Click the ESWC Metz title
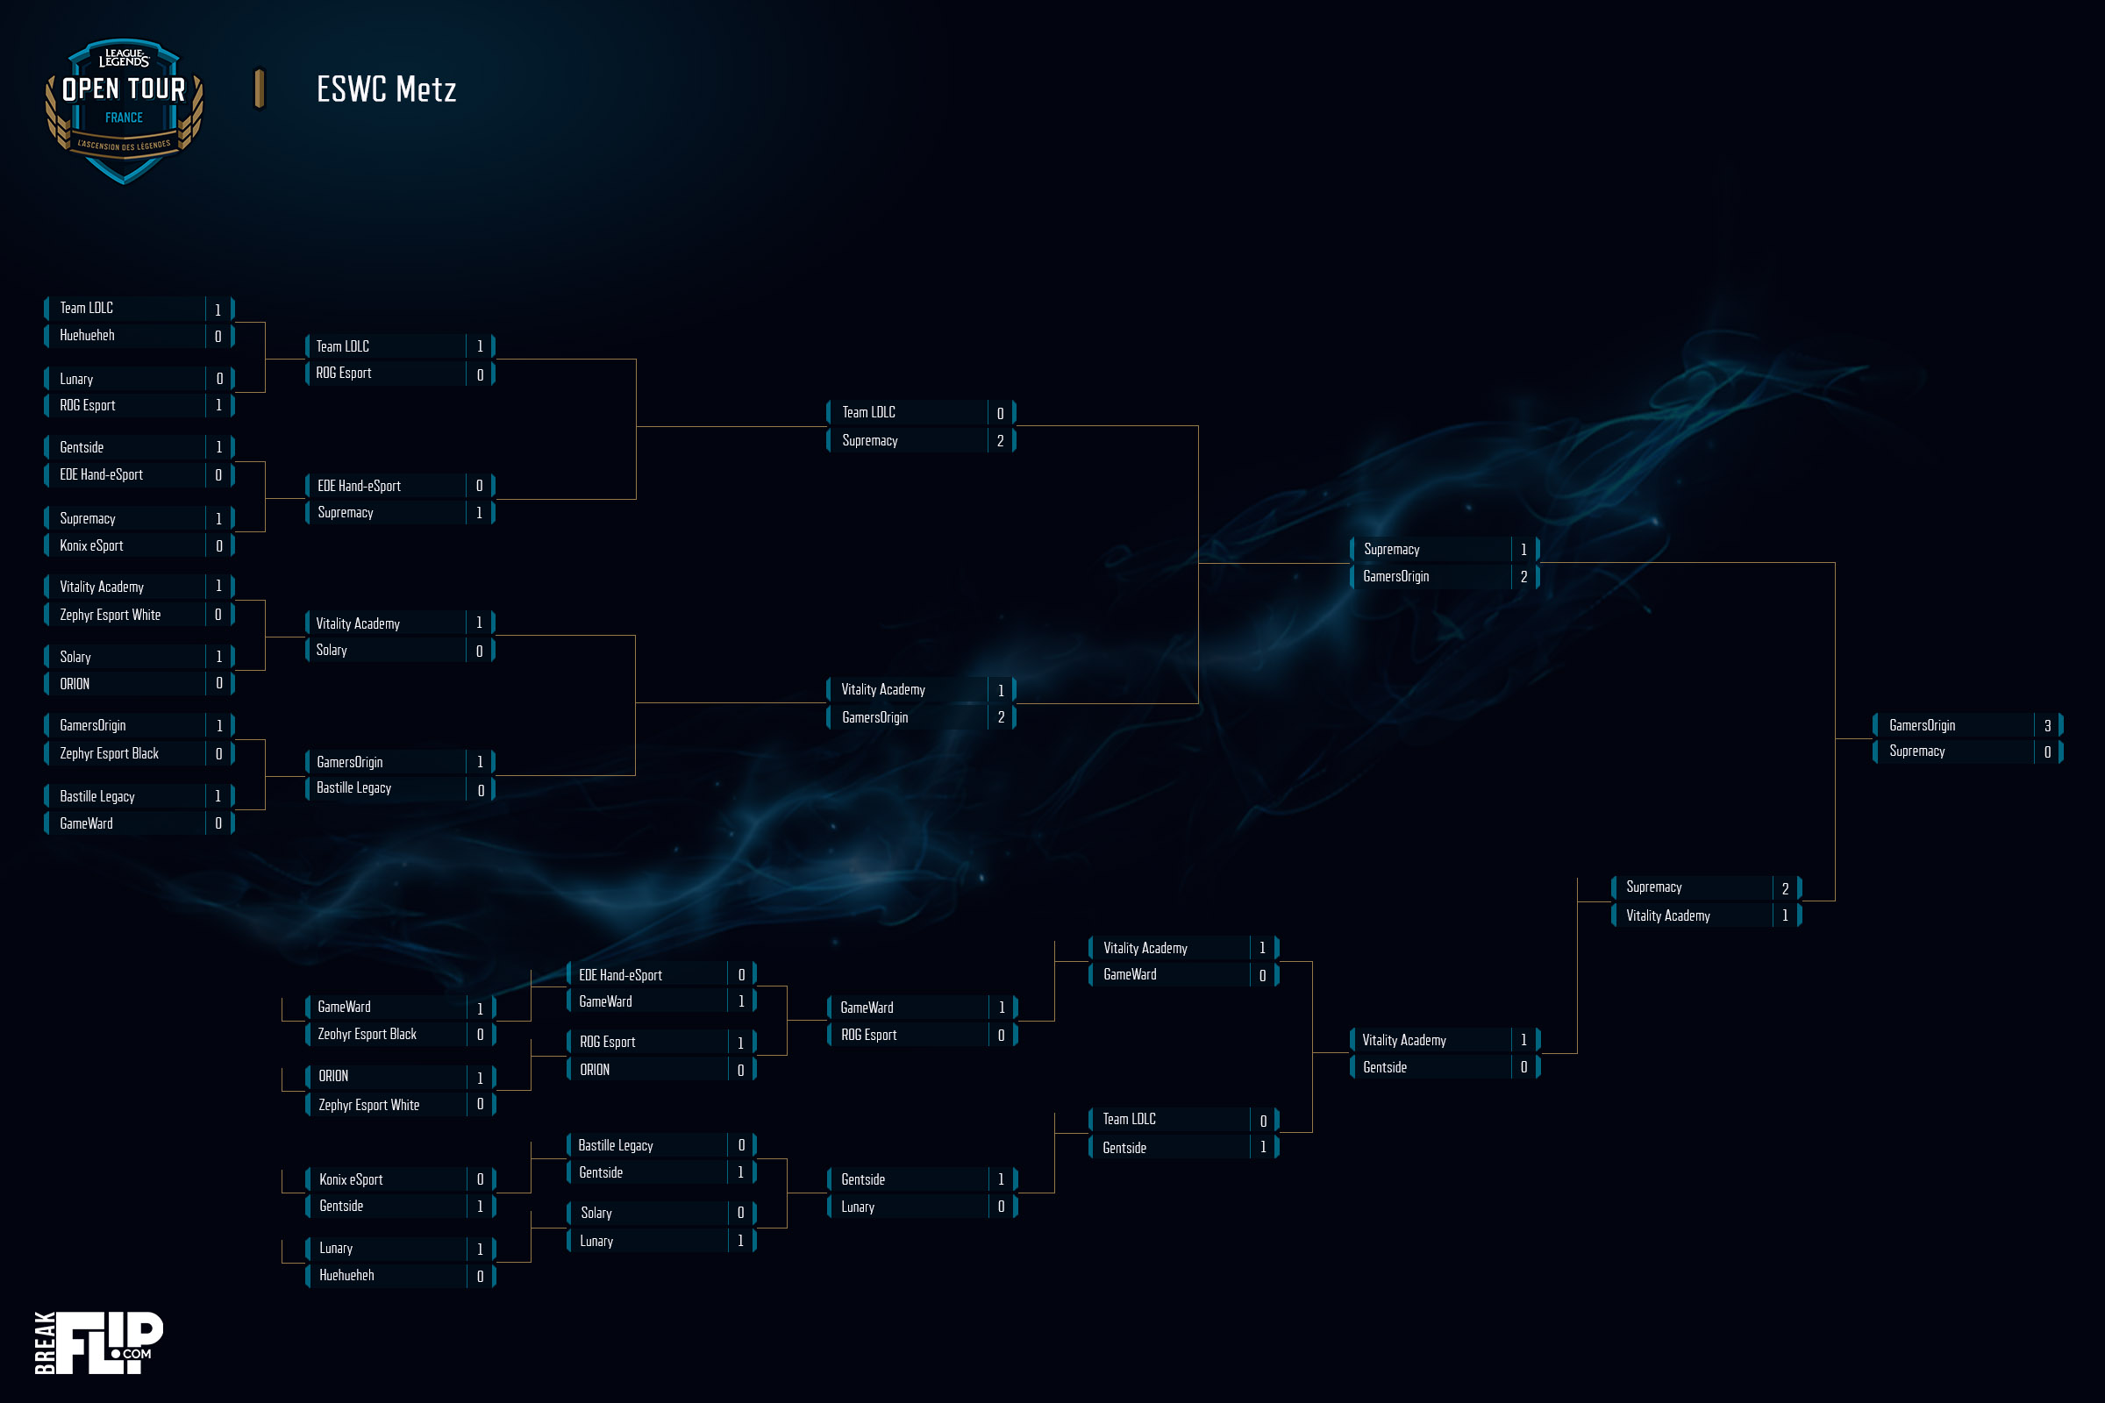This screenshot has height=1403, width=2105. (387, 89)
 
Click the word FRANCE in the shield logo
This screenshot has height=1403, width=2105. (124, 118)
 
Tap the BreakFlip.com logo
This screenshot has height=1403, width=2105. (98, 1342)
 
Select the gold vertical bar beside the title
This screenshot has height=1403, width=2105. (260, 89)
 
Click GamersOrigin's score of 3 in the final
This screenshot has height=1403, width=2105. (2047, 726)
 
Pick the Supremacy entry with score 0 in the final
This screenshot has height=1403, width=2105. (1917, 751)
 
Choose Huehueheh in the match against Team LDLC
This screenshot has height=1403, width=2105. (87, 336)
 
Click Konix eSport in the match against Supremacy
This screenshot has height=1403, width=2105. (91, 545)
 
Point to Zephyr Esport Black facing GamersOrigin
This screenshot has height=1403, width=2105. (109, 753)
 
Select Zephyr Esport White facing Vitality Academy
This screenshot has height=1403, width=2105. (111, 615)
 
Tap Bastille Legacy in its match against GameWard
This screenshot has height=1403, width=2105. (96, 796)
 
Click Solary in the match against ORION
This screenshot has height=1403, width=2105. (75, 657)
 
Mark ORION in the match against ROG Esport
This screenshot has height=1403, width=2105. (595, 1070)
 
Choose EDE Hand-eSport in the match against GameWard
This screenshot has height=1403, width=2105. (620, 975)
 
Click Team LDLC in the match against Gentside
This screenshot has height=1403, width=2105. (1129, 1120)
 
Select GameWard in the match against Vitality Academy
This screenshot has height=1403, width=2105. (1130, 974)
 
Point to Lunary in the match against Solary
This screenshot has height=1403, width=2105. (596, 1241)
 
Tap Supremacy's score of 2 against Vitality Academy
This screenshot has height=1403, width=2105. (1785, 888)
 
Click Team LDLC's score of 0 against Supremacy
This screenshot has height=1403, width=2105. (1000, 413)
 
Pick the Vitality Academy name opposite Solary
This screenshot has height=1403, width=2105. (358, 623)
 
